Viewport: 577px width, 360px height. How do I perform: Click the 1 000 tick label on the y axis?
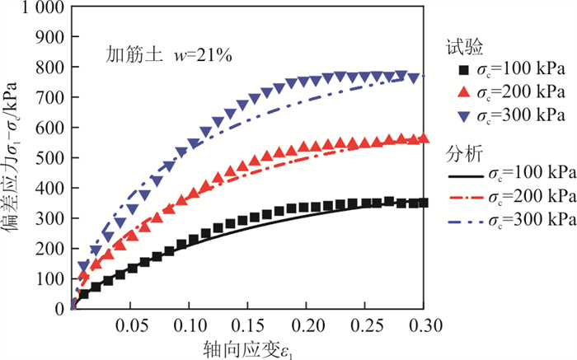(x=40, y=8)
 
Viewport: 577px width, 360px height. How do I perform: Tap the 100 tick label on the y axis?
(x=52, y=278)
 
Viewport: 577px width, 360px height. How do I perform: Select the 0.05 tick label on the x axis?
(x=131, y=323)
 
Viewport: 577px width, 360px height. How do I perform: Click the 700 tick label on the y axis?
(x=52, y=97)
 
